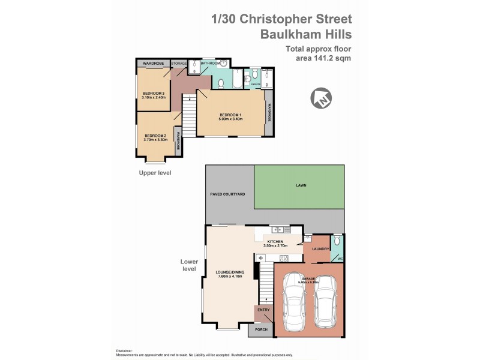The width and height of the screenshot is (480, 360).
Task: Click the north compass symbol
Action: pos(320,98)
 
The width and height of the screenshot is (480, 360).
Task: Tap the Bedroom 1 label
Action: pos(230,115)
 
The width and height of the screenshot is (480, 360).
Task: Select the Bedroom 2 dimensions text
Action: pos(155,139)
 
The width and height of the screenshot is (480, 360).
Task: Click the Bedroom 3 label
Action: pos(154,93)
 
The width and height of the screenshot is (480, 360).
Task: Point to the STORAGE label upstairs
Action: pos(179,63)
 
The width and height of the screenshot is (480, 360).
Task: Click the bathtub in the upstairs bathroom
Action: pos(236,80)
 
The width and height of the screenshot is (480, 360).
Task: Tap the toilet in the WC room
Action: pos(337,241)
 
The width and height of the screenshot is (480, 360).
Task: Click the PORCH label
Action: pos(261,329)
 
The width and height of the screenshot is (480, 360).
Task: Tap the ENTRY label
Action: pos(263,310)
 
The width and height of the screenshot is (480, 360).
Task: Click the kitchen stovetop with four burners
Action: pos(283,258)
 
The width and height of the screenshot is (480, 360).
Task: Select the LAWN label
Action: pos(301,185)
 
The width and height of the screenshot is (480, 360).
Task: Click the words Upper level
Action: pos(156,173)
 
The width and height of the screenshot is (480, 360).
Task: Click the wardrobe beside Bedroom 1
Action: pos(269,111)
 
